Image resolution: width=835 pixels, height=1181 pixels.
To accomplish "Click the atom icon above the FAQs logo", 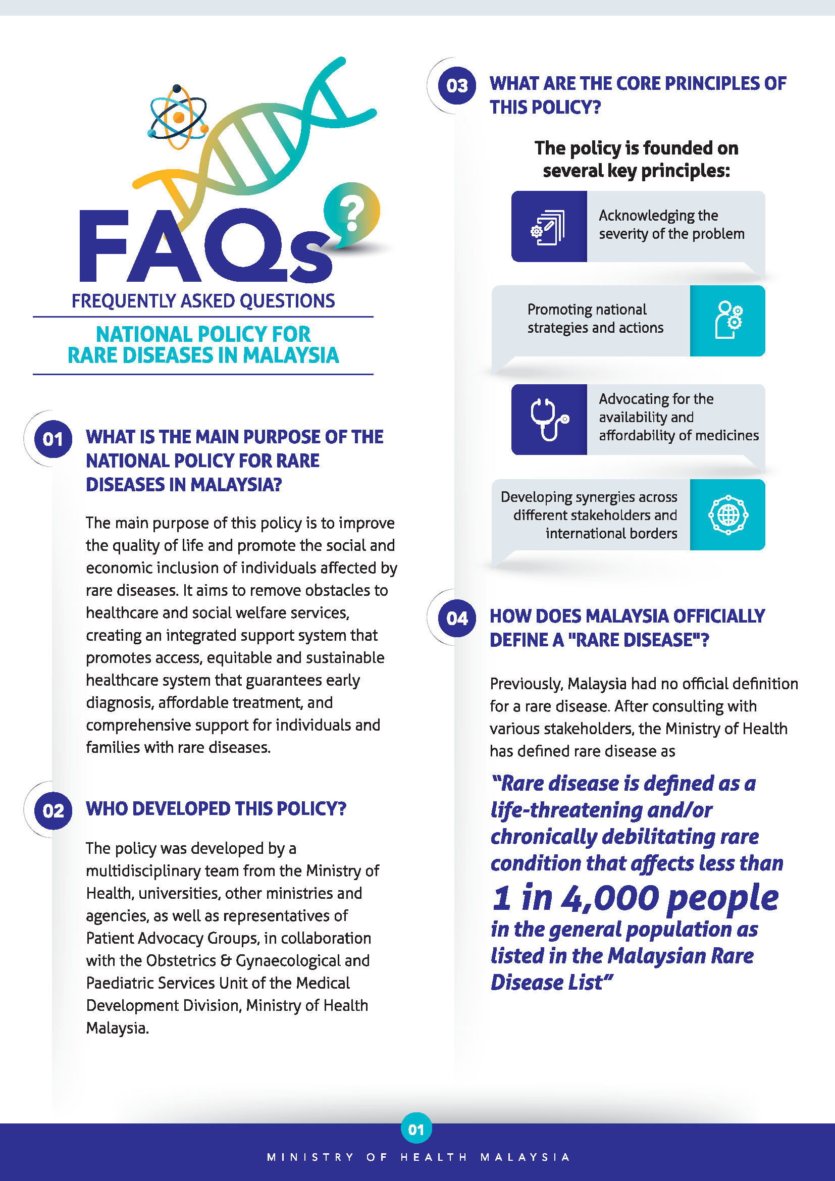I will [178, 117].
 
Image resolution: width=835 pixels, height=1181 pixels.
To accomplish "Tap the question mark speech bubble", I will [352, 213].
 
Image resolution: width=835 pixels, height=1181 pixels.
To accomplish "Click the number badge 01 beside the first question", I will [53, 439].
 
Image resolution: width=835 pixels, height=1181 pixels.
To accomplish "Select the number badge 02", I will [53, 811].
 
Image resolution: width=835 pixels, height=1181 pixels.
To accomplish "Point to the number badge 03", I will [456, 86].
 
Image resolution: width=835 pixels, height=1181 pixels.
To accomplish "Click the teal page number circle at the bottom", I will [416, 1129].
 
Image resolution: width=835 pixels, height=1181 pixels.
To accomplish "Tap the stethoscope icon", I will [549, 419].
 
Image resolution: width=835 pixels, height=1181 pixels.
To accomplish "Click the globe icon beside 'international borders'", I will [727, 515].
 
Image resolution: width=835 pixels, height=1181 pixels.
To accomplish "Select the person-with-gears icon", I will [727, 321].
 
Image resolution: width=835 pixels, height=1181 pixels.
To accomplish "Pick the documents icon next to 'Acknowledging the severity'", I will [549, 227].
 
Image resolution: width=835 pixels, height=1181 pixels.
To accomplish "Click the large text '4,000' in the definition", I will [610, 898].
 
